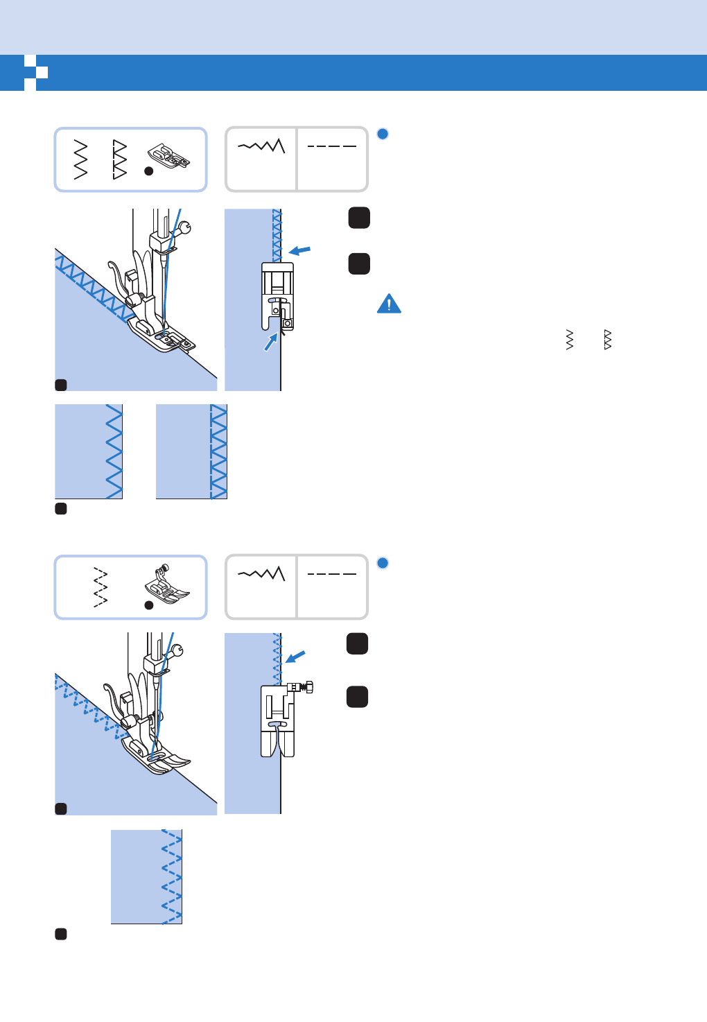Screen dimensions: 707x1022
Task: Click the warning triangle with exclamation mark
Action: click(x=389, y=304)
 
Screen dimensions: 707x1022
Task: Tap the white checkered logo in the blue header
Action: click(x=35, y=72)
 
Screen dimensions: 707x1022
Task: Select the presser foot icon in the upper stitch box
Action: click(x=168, y=157)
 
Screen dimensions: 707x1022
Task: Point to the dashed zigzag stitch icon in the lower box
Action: click(x=101, y=587)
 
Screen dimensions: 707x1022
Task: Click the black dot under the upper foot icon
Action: click(x=148, y=171)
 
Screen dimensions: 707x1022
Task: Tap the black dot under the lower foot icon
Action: click(x=148, y=605)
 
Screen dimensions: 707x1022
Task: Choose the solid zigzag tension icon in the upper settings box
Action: click(x=261, y=146)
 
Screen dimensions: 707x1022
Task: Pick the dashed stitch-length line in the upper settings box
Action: click(x=331, y=146)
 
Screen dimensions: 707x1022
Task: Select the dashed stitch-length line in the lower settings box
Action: click(x=331, y=574)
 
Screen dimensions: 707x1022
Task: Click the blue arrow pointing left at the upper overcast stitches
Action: click(x=299, y=250)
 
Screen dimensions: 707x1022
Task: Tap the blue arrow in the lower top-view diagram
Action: click(x=295, y=656)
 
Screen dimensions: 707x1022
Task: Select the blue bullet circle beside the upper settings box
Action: click(x=383, y=134)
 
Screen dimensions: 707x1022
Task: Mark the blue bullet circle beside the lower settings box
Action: click(x=383, y=562)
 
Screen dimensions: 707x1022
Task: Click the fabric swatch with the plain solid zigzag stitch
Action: click(x=89, y=451)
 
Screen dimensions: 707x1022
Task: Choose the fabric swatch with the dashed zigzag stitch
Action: click(x=146, y=876)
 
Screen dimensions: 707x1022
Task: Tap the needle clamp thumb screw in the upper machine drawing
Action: click(x=184, y=225)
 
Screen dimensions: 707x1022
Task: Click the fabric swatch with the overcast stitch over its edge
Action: click(x=191, y=451)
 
